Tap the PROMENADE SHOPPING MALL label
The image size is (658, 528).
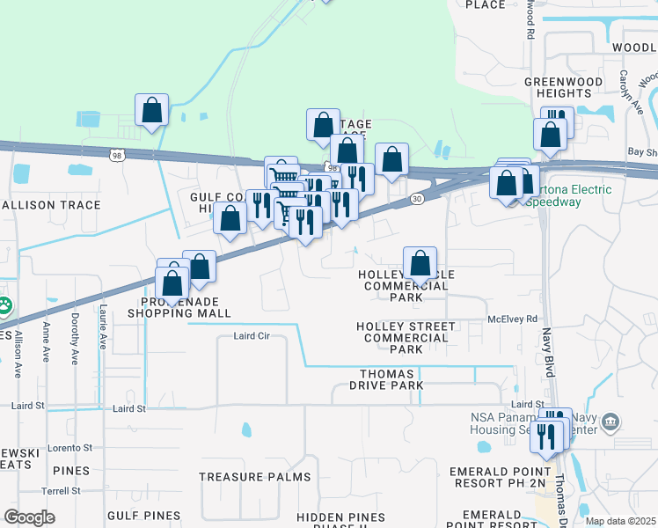[x=179, y=307]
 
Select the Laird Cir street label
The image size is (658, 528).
[x=251, y=336]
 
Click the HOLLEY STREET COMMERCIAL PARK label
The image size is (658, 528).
[x=406, y=338]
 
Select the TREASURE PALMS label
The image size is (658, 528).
[x=254, y=477]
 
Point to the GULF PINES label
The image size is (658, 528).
[x=143, y=514]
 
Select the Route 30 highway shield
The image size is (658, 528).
[x=416, y=201]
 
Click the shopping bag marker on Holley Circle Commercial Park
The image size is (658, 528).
[x=420, y=263]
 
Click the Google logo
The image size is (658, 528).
[x=29, y=517]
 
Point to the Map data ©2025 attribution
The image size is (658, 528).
[x=621, y=521]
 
